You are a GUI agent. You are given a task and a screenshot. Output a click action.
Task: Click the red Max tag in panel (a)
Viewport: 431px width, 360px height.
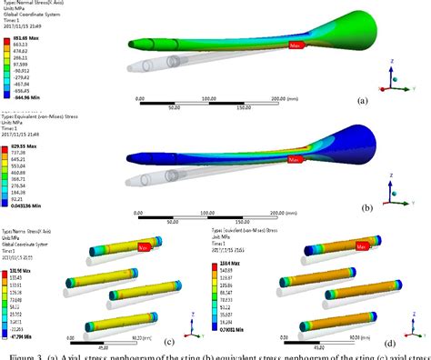(x=296, y=45)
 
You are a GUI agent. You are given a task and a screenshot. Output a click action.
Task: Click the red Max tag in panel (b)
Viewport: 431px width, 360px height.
(x=295, y=159)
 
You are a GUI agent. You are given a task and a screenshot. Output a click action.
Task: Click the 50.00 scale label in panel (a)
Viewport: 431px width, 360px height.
(x=174, y=105)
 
